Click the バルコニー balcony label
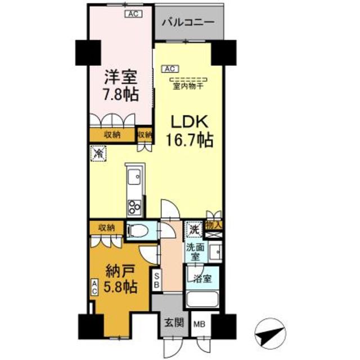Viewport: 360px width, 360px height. pos(189,23)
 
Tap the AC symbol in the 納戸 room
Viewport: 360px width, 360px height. pos(94,289)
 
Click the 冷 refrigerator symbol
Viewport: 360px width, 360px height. pos(98,152)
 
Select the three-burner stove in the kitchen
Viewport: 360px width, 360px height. pos(136,207)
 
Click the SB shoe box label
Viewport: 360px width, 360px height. pos(157,280)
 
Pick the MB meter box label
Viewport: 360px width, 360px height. pos(199,325)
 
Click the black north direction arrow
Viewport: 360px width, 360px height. pos(270,336)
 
